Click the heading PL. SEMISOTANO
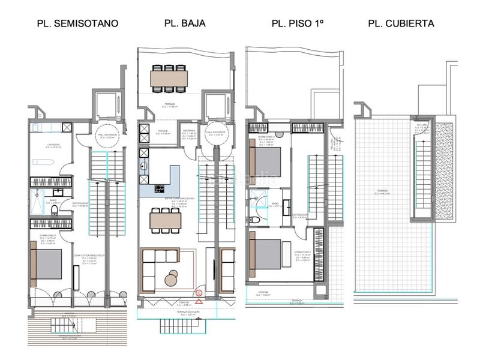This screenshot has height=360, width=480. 77,24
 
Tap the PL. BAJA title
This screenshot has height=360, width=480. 185,24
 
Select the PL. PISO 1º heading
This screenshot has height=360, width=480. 298,24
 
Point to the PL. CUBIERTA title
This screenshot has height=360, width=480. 401,24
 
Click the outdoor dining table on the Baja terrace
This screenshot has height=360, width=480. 169,78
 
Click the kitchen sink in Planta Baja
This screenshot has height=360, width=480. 143,167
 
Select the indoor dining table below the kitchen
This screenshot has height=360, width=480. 166,220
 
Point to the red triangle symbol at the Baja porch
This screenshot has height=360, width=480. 199,304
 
